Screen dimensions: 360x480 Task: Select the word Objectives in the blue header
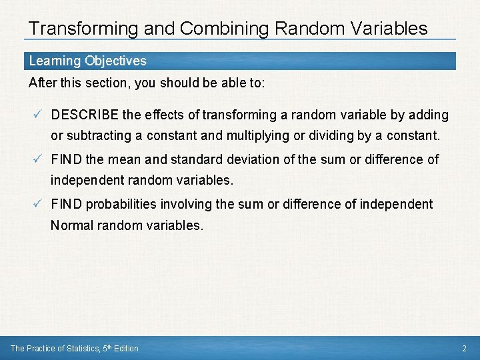(x=115, y=61)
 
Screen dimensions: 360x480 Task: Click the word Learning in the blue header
(x=55, y=61)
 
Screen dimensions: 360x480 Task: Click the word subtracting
(x=99, y=136)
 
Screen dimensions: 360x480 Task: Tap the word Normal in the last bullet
(x=71, y=226)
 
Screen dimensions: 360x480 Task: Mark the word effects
(x=161, y=115)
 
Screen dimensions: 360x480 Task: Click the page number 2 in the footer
(x=465, y=349)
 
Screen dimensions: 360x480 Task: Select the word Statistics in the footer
(x=84, y=349)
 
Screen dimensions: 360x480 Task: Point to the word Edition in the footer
(x=126, y=349)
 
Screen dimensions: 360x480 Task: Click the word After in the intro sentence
(x=41, y=83)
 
